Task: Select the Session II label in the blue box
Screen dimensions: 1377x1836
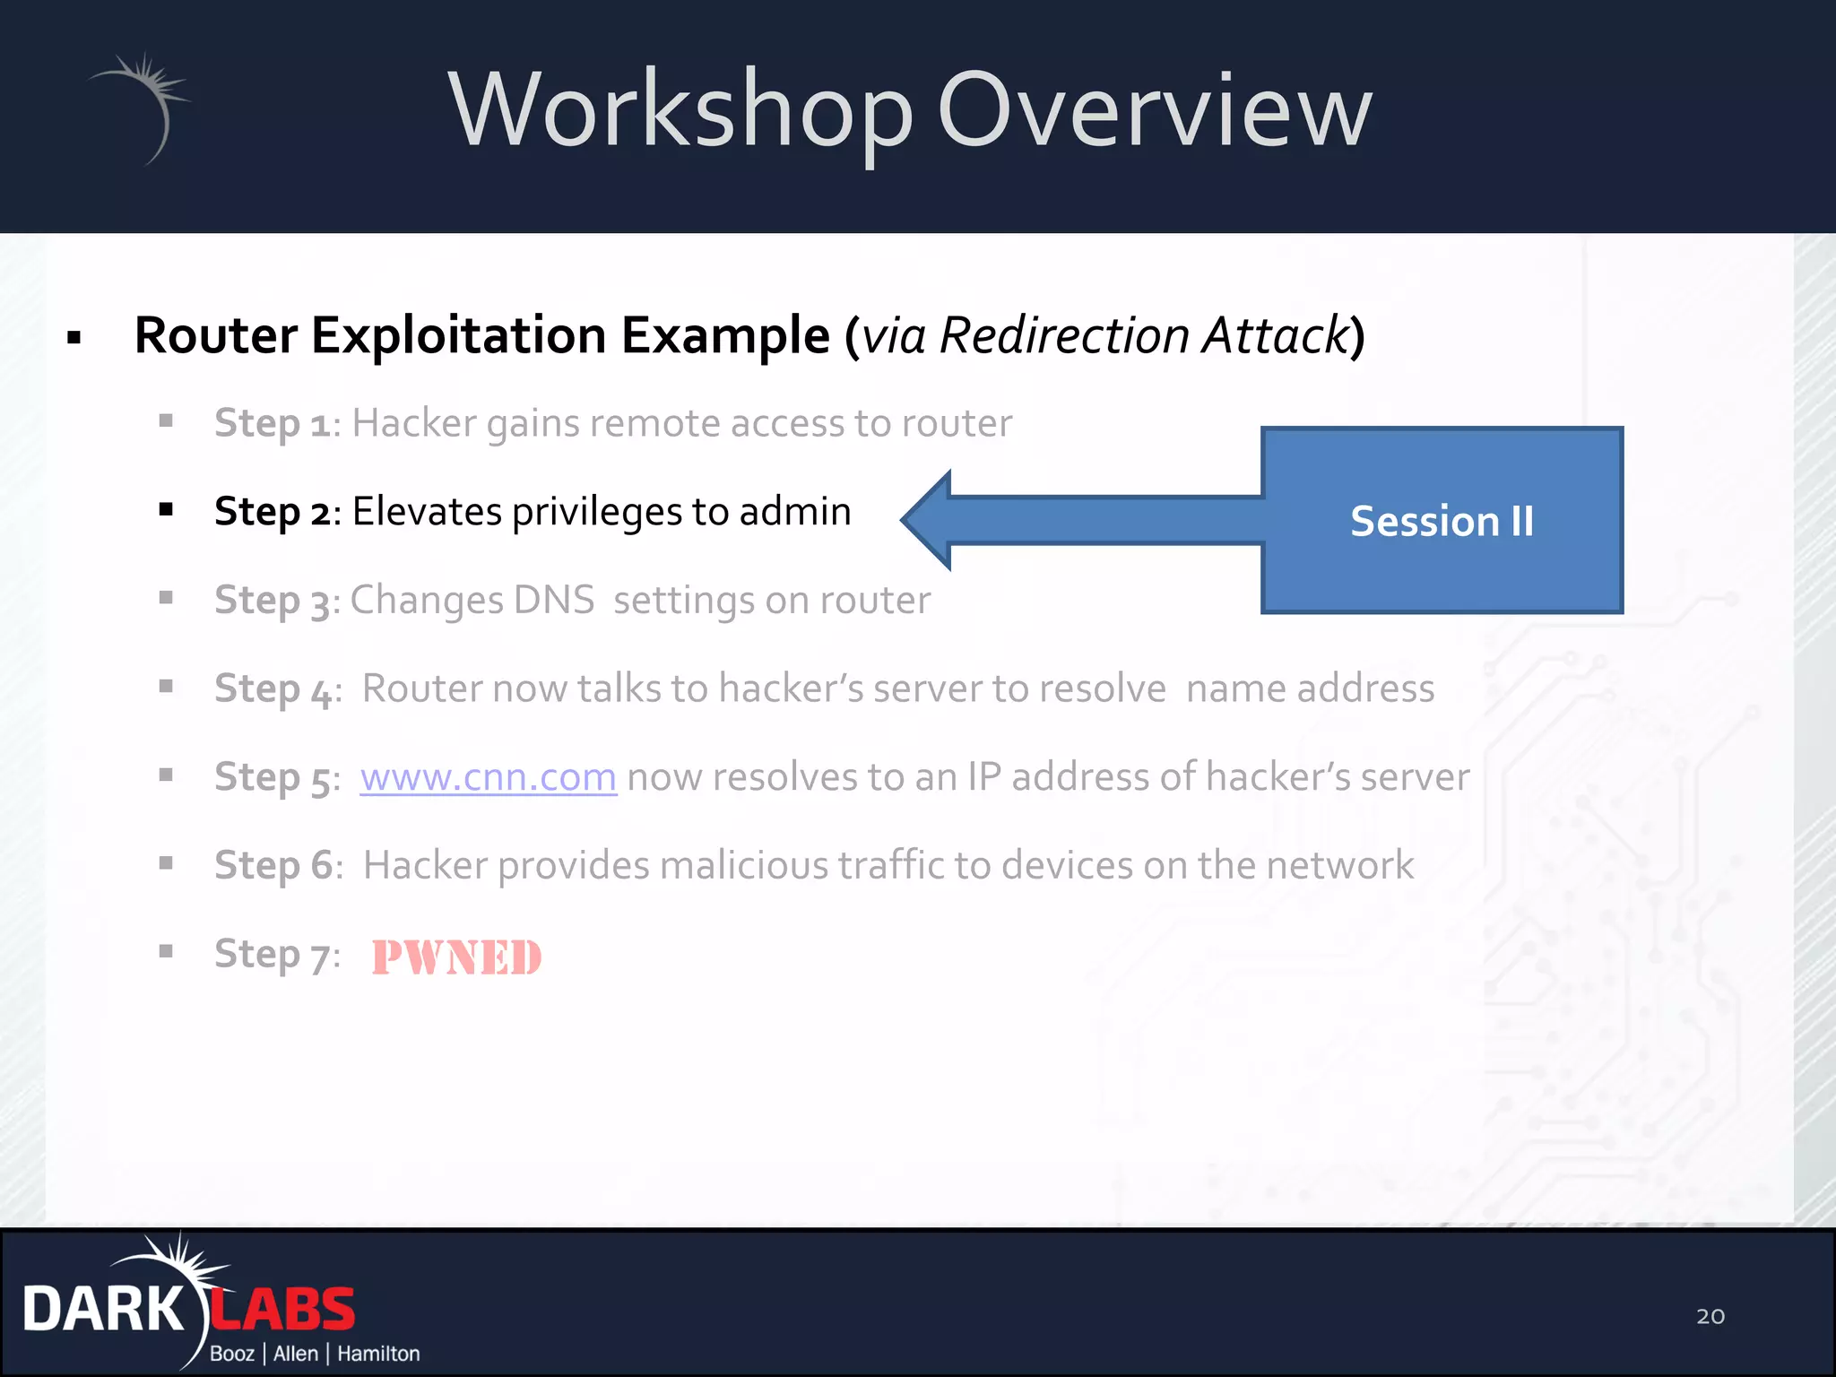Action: click(x=1442, y=521)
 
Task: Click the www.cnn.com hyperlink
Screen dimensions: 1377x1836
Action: click(x=488, y=777)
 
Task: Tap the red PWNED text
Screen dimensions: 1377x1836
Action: click(x=456, y=957)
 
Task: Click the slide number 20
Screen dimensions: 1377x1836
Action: click(x=1710, y=1316)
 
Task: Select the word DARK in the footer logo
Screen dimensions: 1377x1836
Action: click(x=102, y=1310)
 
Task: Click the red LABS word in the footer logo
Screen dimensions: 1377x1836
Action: click(x=285, y=1310)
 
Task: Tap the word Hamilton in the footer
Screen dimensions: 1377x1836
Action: click(x=378, y=1354)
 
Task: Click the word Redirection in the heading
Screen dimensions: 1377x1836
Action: click(x=1065, y=336)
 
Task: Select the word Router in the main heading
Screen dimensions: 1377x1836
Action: click(x=215, y=336)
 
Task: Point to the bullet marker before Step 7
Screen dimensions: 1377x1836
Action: click(x=166, y=951)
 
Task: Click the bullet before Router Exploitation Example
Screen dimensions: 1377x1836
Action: click(x=74, y=338)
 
